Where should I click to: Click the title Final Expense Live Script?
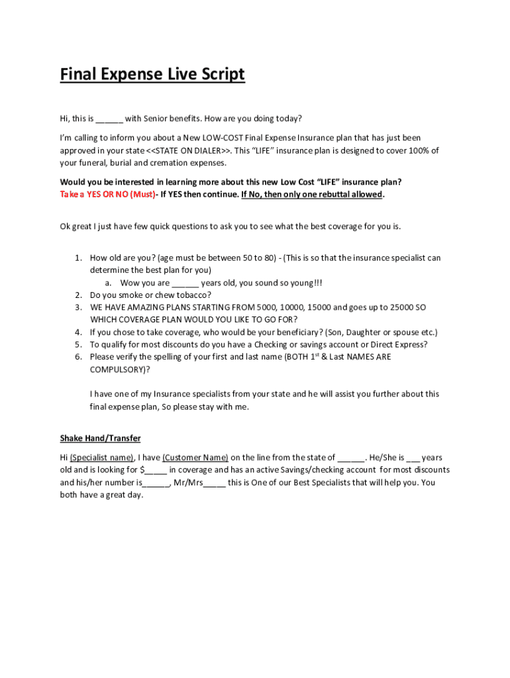(152, 75)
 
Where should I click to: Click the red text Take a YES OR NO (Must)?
(107, 195)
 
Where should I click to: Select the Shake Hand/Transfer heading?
(100, 438)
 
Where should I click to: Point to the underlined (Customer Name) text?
(195, 458)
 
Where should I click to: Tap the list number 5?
(78, 344)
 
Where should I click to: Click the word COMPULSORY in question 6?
(117, 369)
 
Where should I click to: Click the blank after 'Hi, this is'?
(109, 119)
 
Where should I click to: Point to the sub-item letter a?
(107, 283)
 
